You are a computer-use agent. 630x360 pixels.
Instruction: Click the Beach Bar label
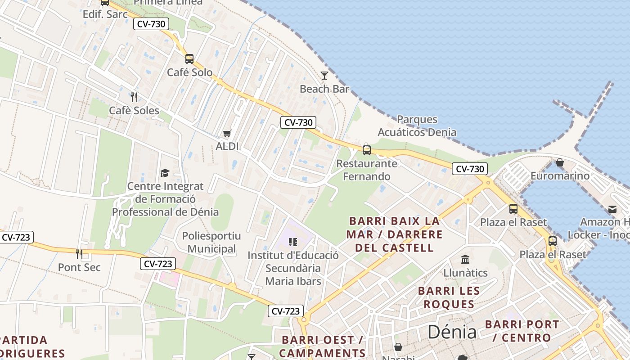coord(324,89)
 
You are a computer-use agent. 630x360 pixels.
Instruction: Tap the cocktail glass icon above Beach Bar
coord(324,76)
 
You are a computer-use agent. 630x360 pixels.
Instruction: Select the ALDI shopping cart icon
coord(227,133)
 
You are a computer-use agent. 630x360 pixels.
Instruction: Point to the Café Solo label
coord(190,72)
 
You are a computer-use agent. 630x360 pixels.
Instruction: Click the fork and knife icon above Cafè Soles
coord(134,97)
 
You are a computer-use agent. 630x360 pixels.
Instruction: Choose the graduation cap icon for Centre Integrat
coord(165,173)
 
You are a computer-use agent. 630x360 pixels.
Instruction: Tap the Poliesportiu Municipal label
coord(211,243)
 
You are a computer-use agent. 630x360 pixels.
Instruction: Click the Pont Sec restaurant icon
coord(79,254)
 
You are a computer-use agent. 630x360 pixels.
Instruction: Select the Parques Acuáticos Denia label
coord(417,126)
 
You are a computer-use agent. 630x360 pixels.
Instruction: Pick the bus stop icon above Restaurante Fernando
coord(367,150)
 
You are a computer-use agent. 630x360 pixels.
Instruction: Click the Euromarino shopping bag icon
coord(560,162)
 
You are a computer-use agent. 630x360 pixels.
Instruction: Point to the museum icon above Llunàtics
coord(465,260)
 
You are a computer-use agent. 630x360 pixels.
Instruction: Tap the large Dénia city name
coord(452,332)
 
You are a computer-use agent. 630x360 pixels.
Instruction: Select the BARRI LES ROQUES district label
coord(449,297)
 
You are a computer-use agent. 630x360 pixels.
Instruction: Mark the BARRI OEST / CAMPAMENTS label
coord(322,346)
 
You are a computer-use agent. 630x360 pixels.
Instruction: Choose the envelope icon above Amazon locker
coord(612,209)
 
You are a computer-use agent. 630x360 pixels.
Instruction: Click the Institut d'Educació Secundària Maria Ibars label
coord(293,268)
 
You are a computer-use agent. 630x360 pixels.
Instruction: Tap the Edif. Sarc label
coord(105,14)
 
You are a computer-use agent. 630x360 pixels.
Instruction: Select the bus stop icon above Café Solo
coord(189,58)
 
